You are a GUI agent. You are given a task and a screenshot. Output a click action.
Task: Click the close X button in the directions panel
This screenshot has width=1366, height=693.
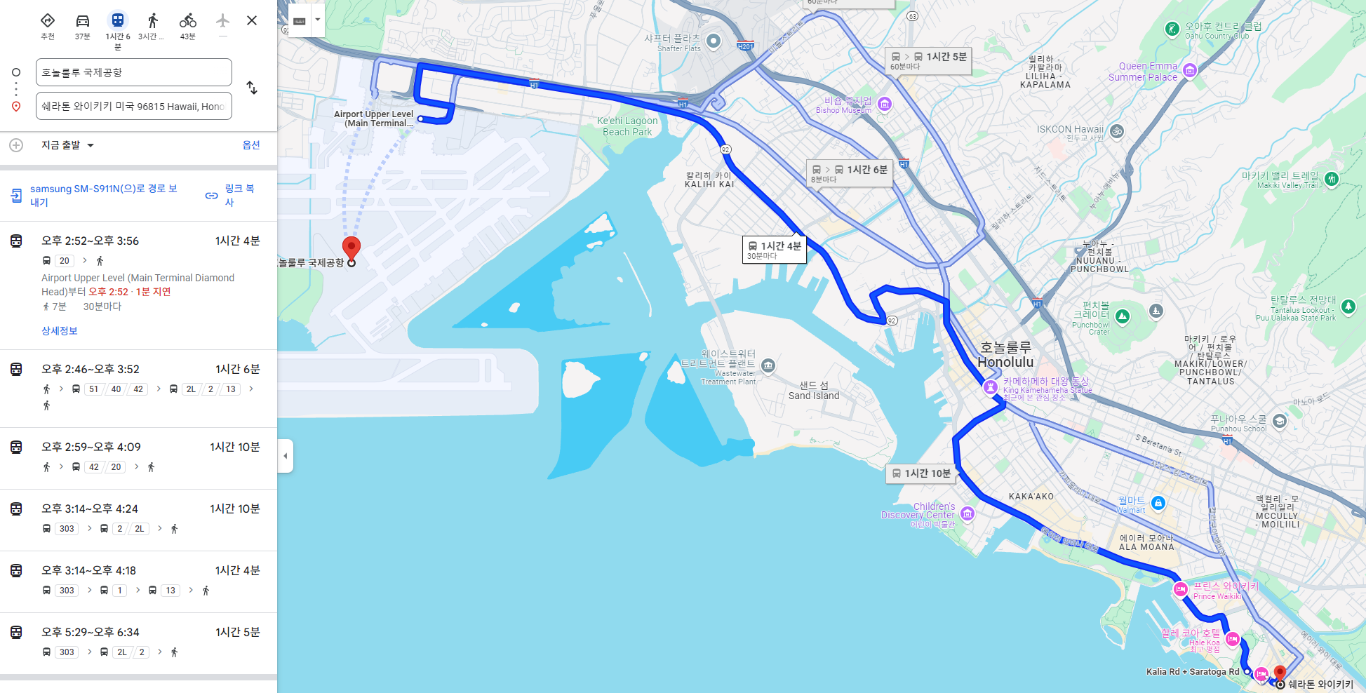pos(252,20)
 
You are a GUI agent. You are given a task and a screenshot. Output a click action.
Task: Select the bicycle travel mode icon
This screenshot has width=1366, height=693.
pos(187,21)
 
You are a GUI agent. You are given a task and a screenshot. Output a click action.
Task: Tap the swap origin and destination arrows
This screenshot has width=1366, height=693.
pos(252,88)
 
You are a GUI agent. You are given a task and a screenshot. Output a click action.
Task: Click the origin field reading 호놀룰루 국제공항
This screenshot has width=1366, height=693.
pos(133,72)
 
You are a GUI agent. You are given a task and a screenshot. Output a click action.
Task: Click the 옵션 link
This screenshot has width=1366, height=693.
pos(250,145)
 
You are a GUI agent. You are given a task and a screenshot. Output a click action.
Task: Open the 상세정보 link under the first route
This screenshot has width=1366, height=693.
pos(60,331)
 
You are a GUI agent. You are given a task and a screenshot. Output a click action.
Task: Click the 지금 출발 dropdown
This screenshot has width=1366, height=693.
pos(67,145)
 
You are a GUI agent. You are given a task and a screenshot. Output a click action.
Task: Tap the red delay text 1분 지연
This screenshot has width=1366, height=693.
pos(154,292)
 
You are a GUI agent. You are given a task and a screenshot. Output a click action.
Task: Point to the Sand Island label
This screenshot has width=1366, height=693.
pos(814,391)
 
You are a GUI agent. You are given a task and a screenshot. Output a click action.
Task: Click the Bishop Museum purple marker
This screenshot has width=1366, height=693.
pos(885,105)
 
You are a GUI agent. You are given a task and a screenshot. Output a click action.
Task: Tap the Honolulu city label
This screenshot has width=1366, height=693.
pos(1005,356)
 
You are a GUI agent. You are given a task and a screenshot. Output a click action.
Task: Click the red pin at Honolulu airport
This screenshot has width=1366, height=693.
pos(351,248)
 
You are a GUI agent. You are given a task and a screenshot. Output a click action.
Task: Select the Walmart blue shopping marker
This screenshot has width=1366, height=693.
pos(1158,502)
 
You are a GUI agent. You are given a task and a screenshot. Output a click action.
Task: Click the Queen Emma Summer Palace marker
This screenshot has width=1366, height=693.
pos(1190,70)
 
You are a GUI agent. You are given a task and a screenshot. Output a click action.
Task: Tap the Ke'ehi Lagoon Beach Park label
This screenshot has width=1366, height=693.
pos(627,126)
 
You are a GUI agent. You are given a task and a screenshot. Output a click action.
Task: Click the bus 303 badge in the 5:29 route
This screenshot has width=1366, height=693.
pos(67,652)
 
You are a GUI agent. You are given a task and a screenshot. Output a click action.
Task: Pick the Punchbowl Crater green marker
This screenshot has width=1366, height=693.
pos(1123,316)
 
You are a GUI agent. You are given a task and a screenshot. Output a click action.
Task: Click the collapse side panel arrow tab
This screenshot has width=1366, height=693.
pos(285,456)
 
